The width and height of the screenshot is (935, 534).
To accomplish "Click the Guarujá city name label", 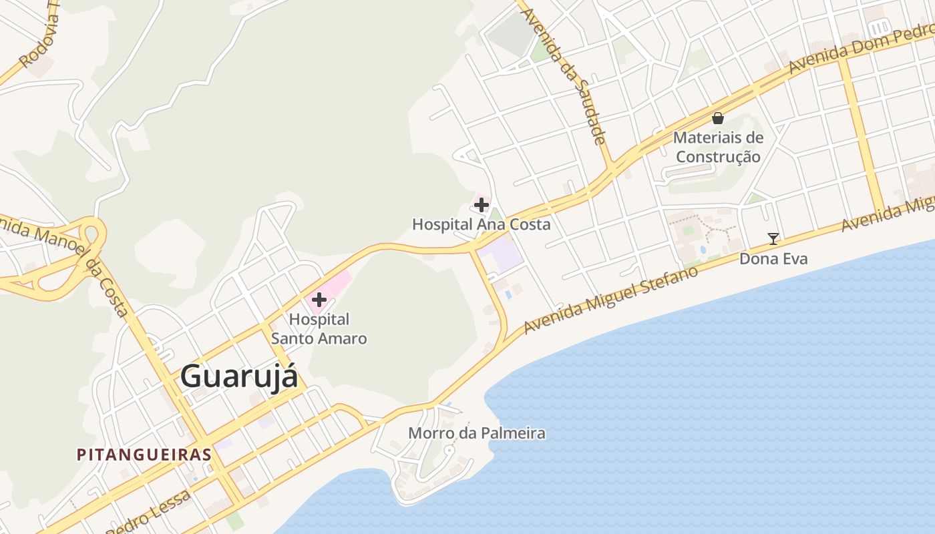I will pos(238,376).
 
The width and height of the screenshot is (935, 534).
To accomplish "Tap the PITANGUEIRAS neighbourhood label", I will pos(144,455).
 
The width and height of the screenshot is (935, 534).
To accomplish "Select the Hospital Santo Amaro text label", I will pos(319,329).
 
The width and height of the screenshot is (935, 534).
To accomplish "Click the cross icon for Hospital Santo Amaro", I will pos(319,300).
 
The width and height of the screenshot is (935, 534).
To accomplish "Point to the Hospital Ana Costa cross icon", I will pos(481,204).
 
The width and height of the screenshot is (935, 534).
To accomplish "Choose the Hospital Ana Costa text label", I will pos(481,224).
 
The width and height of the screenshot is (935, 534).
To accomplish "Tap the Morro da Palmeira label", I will pos(476,433).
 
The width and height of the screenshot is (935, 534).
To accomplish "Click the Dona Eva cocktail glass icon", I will pos(773,238).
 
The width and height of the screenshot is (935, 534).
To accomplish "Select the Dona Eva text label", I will pos(773,258).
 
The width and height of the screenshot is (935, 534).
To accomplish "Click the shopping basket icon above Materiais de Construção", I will pos(718,119).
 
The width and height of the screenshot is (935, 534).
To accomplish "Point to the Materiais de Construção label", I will pos(718,148).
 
